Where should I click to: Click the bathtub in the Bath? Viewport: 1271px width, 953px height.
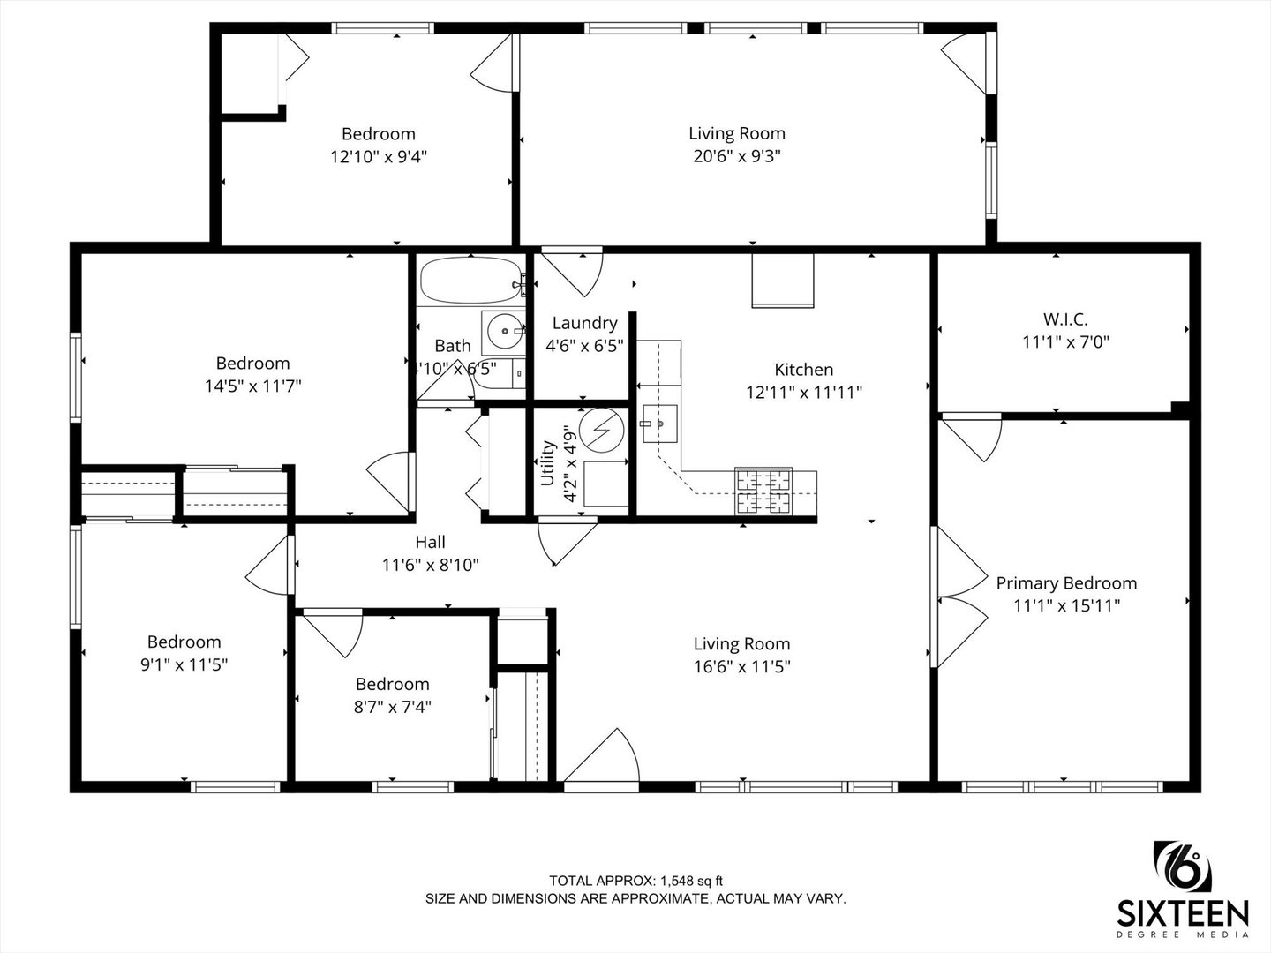click(472, 281)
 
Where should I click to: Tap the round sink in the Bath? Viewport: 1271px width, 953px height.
click(506, 332)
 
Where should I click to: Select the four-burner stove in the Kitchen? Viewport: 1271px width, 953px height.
click(763, 491)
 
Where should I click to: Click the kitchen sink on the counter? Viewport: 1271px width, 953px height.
click(660, 424)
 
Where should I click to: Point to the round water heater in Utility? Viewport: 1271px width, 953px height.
click(602, 431)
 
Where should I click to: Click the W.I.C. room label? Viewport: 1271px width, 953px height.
click(1065, 319)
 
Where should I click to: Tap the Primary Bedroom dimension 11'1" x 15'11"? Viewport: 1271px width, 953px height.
click(1066, 605)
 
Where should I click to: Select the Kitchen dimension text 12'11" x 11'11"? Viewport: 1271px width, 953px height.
click(804, 393)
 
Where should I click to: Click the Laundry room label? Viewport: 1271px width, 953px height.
click(584, 323)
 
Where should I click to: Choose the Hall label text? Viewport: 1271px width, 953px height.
click(430, 542)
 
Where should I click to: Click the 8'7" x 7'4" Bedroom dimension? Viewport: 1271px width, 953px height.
click(393, 707)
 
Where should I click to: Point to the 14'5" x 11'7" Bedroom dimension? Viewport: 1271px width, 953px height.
click(253, 386)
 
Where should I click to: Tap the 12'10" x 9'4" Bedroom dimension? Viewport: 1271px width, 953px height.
click(379, 156)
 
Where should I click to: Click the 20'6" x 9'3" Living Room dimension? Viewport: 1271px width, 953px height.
click(737, 155)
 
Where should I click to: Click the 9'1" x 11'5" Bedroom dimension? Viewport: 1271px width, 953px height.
click(184, 664)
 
